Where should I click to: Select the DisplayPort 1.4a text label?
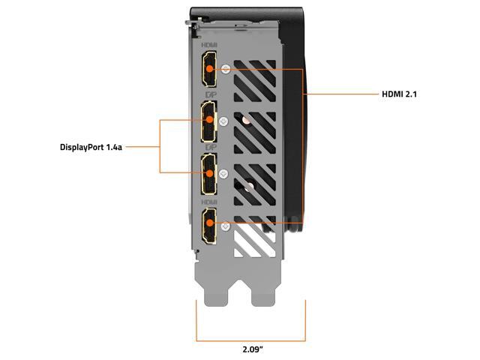pos(91,147)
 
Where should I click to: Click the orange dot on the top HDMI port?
pos(210,68)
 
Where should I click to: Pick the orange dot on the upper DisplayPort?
pos(210,120)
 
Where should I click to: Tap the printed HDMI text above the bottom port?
pos(207,202)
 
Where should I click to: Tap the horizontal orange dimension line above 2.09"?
pos(251,330)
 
